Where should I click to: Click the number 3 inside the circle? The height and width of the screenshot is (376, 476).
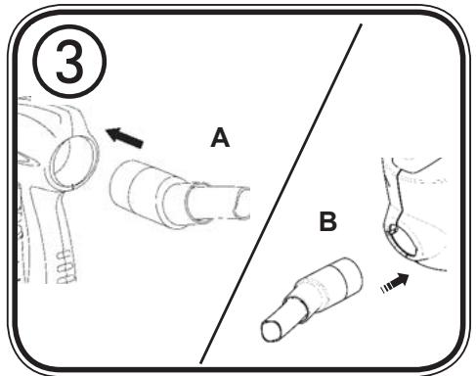(69, 62)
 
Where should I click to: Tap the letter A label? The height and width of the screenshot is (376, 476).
(220, 137)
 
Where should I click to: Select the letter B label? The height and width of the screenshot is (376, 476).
(327, 221)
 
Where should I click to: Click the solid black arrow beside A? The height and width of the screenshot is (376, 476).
(125, 137)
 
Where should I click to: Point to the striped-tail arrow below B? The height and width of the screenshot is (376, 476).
(395, 283)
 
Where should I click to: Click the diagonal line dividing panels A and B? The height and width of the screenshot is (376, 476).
(281, 193)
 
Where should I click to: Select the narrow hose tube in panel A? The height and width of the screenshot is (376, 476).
(219, 204)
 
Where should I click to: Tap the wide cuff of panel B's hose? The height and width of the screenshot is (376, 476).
(342, 281)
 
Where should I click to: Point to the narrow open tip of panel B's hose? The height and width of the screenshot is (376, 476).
(271, 330)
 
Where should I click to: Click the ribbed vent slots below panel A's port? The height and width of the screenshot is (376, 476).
(66, 266)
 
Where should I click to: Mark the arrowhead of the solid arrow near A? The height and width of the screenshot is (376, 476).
(113, 134)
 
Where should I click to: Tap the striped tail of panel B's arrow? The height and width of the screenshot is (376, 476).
(386, 289)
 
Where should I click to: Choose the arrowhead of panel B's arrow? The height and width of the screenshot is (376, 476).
(404, 279)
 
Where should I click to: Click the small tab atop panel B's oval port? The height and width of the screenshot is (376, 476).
(393, 228)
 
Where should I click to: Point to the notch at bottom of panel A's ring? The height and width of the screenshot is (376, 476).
(72, 187)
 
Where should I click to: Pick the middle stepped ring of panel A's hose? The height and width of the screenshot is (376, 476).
(169, 204)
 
